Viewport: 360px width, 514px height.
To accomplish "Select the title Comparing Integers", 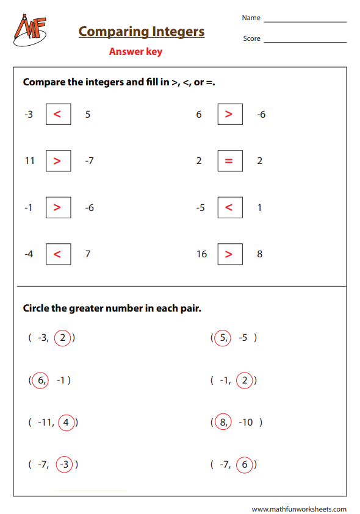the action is click(x=142, y=31).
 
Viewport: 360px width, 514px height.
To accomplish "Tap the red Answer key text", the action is click(x=135, y=52).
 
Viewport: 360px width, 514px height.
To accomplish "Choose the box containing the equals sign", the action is click(x=229, y=161).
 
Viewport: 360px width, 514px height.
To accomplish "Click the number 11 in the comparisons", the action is click(x=30, y=161).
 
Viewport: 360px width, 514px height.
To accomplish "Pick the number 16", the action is click(x=202, y=254).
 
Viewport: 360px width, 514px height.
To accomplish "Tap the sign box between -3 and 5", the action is click(x=58, y=114).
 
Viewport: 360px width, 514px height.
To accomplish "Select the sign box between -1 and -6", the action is click(x=58, y=207).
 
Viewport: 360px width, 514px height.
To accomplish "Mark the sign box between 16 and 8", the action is click(x=229, y=254).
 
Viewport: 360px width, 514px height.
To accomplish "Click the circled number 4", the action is click(x=66, y=422).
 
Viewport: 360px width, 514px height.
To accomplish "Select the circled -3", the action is click(x=64, y=465).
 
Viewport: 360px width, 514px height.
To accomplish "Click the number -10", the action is click(x=247, y=422).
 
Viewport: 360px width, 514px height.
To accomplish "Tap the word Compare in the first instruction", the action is click(x=44, y=82).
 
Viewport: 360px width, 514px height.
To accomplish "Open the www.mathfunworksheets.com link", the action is click(x=299, y=509).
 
